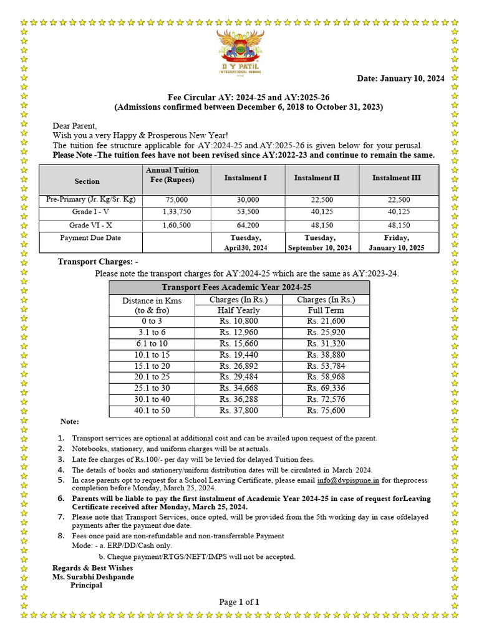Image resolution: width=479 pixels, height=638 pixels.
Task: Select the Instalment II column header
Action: coord(317,178)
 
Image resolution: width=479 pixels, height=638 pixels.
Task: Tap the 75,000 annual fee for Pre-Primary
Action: coord(172,200)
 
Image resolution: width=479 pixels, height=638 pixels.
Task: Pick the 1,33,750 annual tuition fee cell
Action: coord(172,212)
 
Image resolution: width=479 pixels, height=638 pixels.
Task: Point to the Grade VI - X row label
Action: coord(91,225)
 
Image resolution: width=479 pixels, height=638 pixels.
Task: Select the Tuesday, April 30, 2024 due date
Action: coord(246,242)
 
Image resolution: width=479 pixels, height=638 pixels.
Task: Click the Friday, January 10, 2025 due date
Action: coord(397,242)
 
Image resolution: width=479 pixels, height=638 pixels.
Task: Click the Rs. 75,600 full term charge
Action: coord(326,411)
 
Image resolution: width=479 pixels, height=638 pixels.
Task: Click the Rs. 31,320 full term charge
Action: coord(326,344)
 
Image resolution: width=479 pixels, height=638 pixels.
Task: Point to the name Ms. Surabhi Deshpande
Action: coord(93,577)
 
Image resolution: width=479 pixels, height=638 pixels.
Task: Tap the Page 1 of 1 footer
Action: coord(239,602)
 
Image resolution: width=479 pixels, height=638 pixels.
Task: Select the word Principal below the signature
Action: coord(86,586)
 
